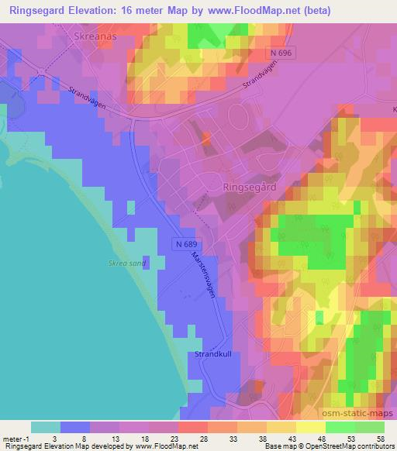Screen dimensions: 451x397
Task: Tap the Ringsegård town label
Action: pyautogui.click(x=250, y=187)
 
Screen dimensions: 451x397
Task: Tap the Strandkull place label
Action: pyautogui.click(x=213, y=354)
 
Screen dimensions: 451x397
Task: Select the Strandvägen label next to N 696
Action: pyautogui.click(x=259, y=81)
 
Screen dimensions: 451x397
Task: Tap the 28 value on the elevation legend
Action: pyautogui.click(x=202, y=438)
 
